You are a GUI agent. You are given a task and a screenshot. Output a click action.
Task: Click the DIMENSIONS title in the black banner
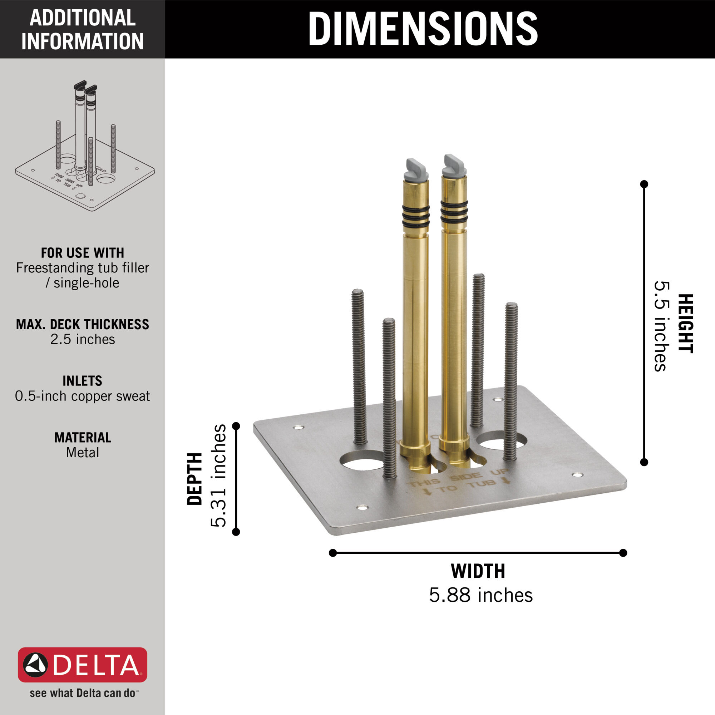[x=423, y=29]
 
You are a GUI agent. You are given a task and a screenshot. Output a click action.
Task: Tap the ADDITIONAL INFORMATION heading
[x=82, y=29]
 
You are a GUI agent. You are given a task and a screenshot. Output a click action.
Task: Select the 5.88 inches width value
[x=481, y=596]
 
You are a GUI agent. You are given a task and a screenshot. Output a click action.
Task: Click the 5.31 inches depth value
[x=218, y=475]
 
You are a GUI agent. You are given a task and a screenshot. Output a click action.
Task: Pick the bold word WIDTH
[x=478, y=571]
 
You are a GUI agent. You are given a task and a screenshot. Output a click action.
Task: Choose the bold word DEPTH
[x=195, y=479]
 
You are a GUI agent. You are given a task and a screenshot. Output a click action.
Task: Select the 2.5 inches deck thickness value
[x=83, y=339]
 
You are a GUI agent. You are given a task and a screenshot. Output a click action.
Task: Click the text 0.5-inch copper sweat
[x=82, y=396]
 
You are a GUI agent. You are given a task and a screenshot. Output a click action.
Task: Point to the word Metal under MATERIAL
[x=82, y=452]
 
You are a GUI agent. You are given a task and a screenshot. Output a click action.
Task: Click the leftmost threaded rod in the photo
[x=359, y=366]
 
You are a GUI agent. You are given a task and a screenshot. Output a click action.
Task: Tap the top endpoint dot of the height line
[x=644, y=184]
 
